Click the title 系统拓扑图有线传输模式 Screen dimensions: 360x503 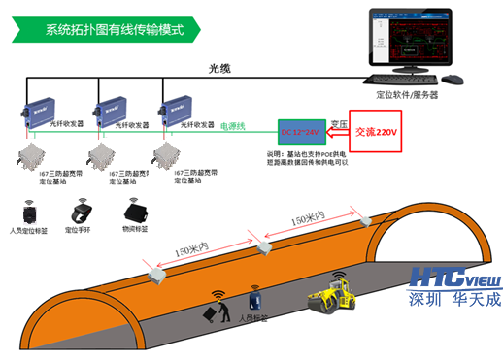pyautogui.click(x=114, y=28)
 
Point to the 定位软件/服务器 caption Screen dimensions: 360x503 pyautogui.click(x=406, y=95)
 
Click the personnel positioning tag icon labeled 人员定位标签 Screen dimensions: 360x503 pyautogui.click(x=28, y=213)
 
